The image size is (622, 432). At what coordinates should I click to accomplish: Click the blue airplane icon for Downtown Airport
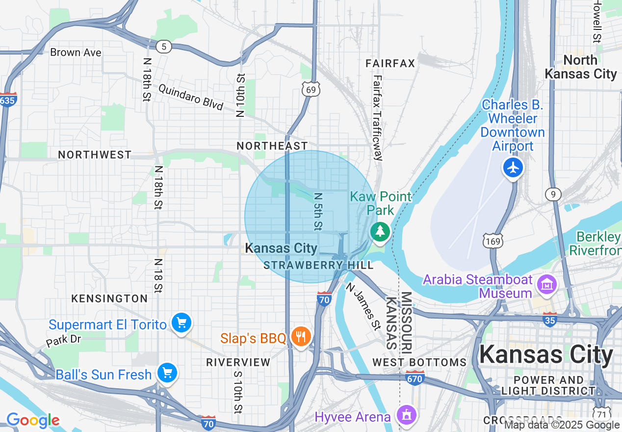point(513,168)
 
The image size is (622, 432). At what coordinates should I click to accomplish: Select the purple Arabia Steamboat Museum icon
point(545,284)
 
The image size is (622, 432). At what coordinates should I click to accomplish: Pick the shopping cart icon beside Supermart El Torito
point(181,323)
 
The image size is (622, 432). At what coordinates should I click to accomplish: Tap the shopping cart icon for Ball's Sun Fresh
point(167,373)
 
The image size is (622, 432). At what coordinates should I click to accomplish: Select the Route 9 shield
point(553,194)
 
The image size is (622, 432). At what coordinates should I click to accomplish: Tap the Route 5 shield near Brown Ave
point(164,47)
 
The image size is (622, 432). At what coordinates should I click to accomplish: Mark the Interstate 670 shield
point(415,378)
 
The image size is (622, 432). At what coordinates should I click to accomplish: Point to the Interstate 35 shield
point(549,320)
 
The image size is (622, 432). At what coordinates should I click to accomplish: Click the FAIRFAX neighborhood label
point(390,63)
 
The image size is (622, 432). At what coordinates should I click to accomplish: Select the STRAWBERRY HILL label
point(318,265)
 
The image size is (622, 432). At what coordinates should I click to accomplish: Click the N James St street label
point(363,306)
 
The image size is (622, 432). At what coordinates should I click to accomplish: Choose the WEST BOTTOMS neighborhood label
point(419,362)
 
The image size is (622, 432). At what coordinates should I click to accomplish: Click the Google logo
point(33,420)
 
